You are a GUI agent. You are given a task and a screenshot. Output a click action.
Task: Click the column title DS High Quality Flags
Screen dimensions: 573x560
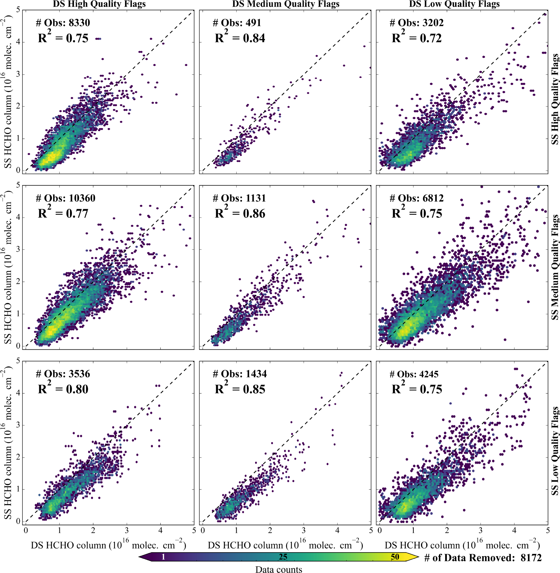click(x=99, y=4)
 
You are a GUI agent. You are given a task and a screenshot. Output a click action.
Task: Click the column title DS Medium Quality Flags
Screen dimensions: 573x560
click(x=286, y=4)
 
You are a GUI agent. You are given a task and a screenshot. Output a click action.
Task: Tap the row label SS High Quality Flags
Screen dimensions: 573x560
click(x=555, y=99)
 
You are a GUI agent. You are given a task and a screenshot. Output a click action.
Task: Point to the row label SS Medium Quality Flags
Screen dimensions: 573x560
click(x=555, y=267)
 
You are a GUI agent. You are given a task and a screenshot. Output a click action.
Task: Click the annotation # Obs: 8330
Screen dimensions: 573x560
click(x=63, y=23)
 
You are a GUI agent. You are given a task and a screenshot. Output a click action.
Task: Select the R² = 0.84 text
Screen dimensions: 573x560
click(x=240, y=38)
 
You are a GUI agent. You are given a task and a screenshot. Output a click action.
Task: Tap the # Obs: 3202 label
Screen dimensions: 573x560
click(x=416, y=23)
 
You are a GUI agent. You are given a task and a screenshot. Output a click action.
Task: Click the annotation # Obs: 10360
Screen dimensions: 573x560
click(x=65, y=198)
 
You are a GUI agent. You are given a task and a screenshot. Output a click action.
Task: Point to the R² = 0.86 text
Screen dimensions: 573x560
click(x=240, y=213)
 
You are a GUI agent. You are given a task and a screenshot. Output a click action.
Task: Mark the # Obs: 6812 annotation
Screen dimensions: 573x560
click(x=416, y=198)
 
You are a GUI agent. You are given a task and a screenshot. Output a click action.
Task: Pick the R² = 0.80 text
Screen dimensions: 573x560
click(x=63, y=389)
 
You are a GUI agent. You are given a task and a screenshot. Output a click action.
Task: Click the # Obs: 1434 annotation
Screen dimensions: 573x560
click(x=240, y=374)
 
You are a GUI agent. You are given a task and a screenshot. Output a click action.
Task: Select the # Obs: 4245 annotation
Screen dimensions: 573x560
click(x=414, y=374)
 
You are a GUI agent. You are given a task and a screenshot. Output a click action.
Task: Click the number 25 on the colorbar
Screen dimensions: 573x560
click(x=283, y=557)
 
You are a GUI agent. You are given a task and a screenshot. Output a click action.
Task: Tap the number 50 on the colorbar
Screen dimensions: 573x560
click(x=395, y=557)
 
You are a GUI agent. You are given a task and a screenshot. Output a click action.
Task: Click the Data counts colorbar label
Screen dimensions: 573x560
click(x=279, y=570)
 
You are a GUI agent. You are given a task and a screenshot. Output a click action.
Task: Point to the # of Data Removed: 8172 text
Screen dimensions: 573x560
click(x=483, y=557)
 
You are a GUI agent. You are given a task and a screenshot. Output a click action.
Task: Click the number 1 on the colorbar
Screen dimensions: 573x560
click(x=163, y=557)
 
